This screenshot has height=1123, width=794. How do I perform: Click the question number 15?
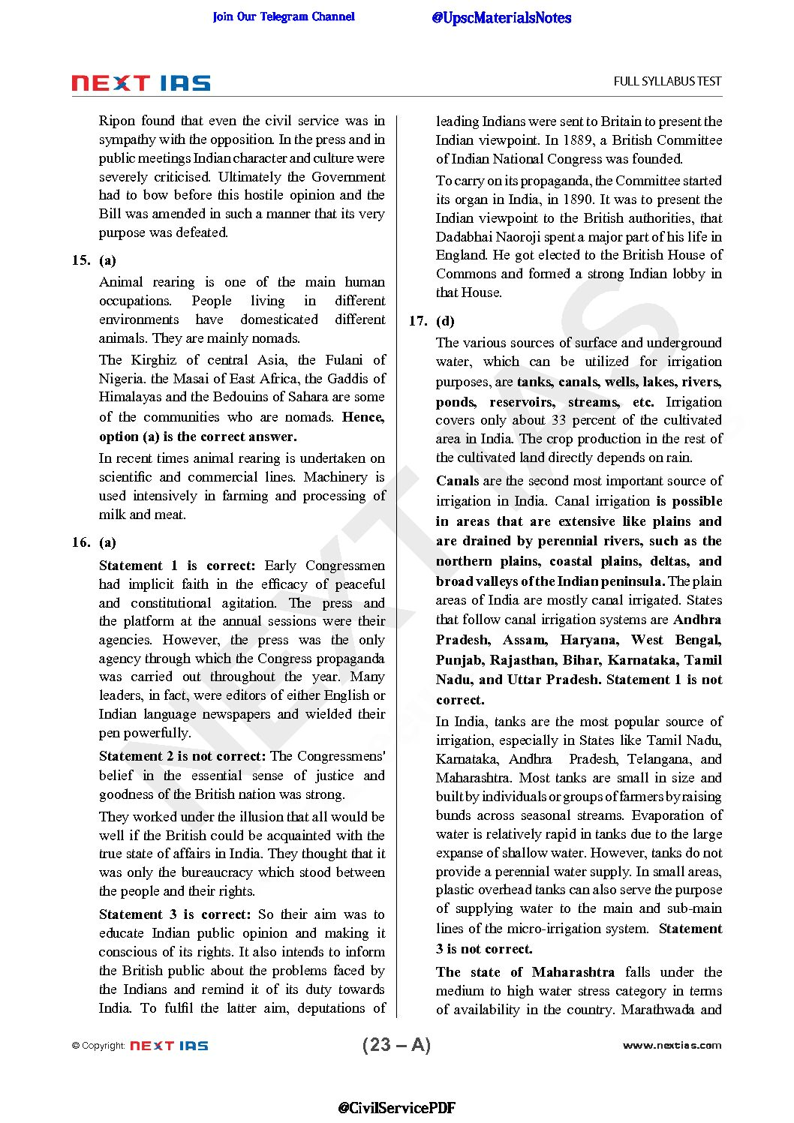(x=80, y=260)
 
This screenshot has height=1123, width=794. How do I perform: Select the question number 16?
(x=80, y=542)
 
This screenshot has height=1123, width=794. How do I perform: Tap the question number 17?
(x=417, y=321)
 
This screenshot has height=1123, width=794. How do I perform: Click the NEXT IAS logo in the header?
(x=141, y=83)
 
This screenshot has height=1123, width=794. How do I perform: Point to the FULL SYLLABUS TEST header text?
(x=667, y=82)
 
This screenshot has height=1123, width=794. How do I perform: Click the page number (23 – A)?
(x=396, y=1045)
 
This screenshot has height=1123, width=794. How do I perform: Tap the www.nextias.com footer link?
(x=672, y=1045)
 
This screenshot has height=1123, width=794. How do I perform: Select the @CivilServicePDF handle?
(x=396, y=1108)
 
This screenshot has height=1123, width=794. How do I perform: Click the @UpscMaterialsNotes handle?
(x=501, y=18)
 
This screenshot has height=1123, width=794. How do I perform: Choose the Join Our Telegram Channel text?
(x=284, y=17)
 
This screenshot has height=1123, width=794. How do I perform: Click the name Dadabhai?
(x=464, y=237)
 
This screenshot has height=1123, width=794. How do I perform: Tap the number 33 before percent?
(x=558, y=420)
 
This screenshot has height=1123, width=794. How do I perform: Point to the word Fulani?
(x=345, y=360)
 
